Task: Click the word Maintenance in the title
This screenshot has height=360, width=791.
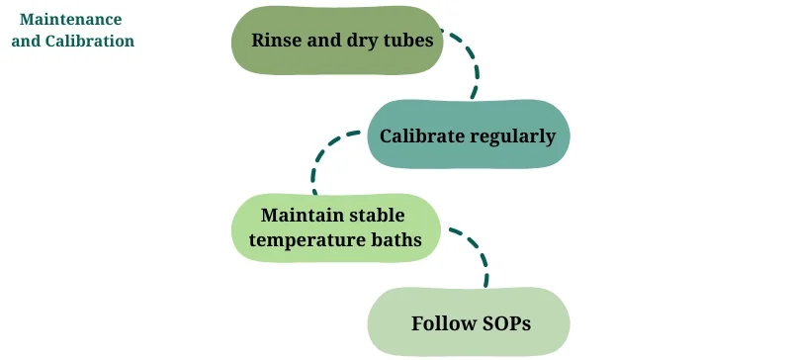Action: pyautogui.click(x=71, y=20)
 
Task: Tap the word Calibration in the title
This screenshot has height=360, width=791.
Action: pyautogui.click(x=90, y=42)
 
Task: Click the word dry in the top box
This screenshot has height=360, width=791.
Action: pyautogui.click(x=348, y=42)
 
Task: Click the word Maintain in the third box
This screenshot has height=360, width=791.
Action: pyautogui.click(x=300, y=215)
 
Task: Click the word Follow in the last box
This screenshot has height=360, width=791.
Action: pyautogui.click(x=439, y=323)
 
